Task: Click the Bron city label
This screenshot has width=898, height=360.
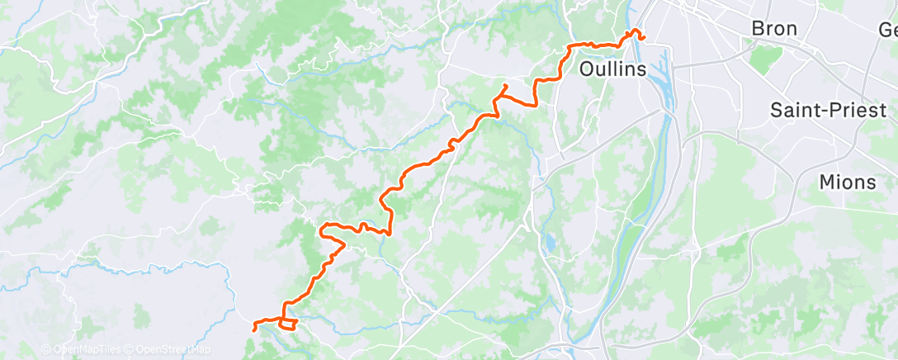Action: point(774,29)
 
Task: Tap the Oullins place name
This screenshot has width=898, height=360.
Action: point(612,69)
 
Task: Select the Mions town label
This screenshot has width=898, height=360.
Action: point(848,182)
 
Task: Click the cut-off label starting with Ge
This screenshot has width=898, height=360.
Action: point(887,31)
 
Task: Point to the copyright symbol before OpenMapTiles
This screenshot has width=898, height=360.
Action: point(46,350)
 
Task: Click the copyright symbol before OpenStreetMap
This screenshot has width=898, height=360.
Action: point(130,350)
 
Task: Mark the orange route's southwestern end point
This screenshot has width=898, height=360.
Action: point(253,329)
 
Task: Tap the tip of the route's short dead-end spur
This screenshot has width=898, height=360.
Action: point(506,85)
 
